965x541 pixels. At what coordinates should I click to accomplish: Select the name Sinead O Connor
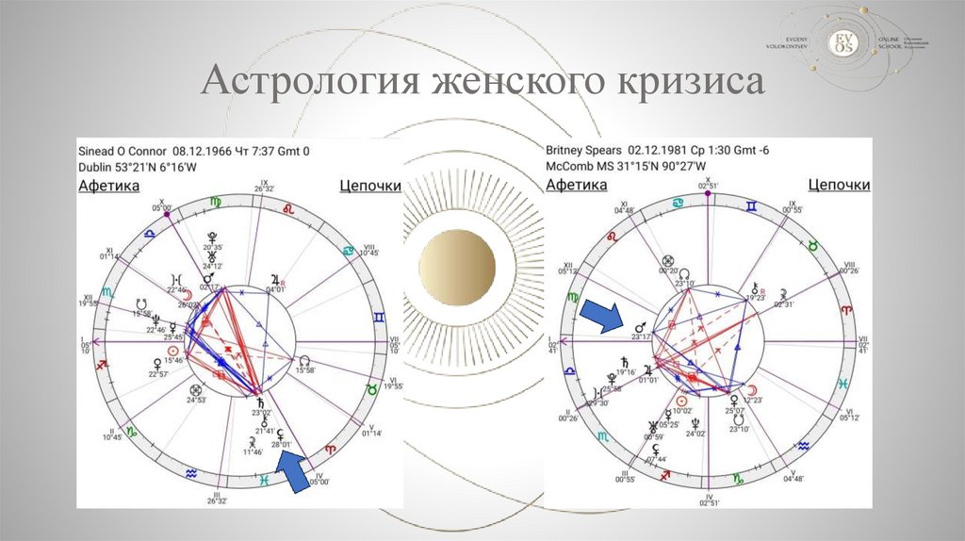click(x=122, y=151)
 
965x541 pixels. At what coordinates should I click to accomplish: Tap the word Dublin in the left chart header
click(x=95, y=167)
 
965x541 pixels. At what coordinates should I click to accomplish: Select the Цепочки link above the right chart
click(x=839, y=186)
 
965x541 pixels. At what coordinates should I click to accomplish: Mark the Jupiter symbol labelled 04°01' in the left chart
click(x=275, y=279)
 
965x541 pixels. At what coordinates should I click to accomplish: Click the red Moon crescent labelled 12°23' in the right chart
click(x=751, y=389)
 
